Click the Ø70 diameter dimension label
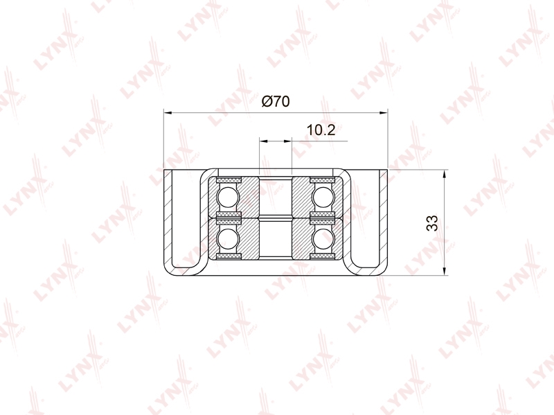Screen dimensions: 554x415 pos(276,101)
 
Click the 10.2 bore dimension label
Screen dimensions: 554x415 pos(321,130)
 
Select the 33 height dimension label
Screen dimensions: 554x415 pos(431,222)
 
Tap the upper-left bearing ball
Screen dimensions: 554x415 pos(229,197)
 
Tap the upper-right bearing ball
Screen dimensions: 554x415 pos(323,197)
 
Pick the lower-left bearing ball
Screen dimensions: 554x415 pos(229,238)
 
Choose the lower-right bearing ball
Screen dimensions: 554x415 pos(323,238)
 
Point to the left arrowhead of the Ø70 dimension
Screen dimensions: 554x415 pos(168,113)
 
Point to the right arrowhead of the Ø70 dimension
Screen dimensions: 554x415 pos(384,113)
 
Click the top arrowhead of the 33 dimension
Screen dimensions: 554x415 pos(444,174)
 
